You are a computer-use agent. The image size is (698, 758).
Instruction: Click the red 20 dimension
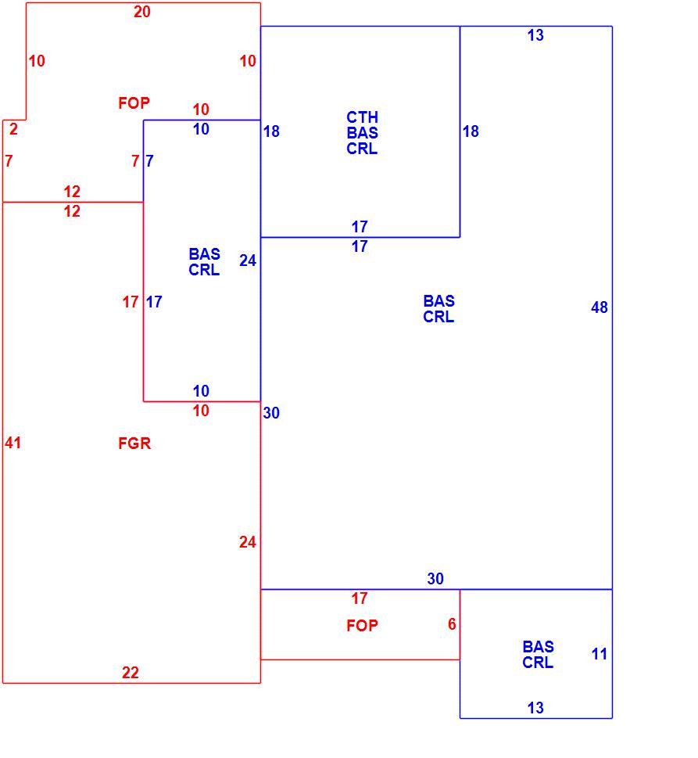click(x=142, y=12)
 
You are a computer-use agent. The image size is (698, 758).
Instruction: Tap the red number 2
click(x=13, y=129)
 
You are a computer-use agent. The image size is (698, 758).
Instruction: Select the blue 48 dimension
click(x=600, y=307)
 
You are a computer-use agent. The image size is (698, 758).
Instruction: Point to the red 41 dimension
click(x=13, y=443)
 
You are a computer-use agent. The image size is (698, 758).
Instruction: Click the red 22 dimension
click(x=131, y=673)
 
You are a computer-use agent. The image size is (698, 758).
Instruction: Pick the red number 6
click(x=452, y=624)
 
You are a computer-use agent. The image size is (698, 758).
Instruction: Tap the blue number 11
click(x=600, y=654)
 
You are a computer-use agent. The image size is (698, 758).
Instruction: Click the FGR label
click(x=134, y=444)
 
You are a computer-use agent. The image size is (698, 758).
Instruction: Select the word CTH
click(x=362, y=117)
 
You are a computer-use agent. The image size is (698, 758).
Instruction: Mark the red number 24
click(x=248, y=542)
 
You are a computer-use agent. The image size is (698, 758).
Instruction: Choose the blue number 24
click(x=248, y=260)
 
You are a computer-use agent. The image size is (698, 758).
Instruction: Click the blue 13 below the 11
click(x=535, y=708)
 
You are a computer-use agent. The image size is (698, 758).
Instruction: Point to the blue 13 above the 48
click(x=535, y=34)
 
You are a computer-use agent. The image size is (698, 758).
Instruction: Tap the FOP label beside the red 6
click(x=362, y=626)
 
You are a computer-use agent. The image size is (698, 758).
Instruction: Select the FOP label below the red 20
click(x=134, y=103)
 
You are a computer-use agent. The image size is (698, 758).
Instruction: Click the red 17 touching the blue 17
click(x=131, y=302)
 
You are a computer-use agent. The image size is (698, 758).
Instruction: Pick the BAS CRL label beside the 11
click(x=538, y=655)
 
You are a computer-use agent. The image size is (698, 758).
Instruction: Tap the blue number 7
click(x=150, y=161)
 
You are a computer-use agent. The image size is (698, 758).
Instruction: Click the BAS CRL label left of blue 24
click(x=204, y=262)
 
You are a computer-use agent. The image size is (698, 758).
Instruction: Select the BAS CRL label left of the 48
click(x=439, y=309)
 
